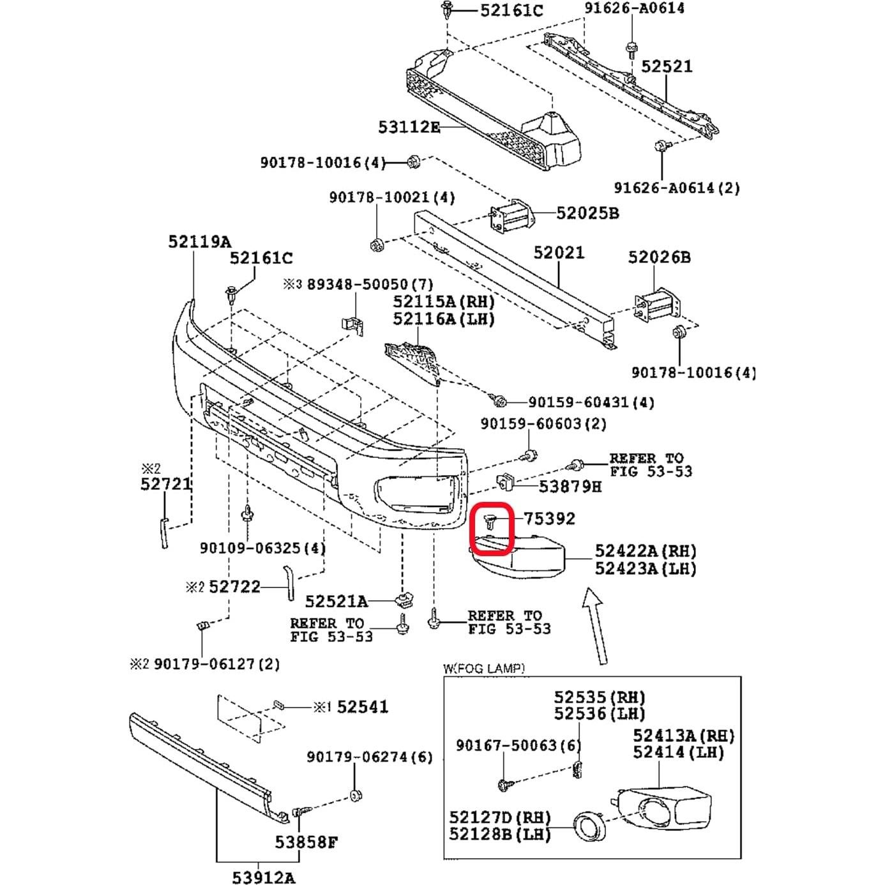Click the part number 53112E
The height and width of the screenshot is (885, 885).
pyautogui.click(x=409, y=127)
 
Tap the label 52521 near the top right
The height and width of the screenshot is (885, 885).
pyautogui.click(x=667, y=66)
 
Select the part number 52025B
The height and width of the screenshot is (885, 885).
pyautogui.click(x=587, y=213)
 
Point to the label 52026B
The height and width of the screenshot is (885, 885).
pyautogui.click(x=659, y=257)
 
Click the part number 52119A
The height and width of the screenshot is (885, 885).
pyautogui.click(x=200, y=241)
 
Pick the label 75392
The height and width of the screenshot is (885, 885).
pyautogui.click(x=549, y=518)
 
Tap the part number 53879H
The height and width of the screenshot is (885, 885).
pyautogui.click(x=570, y=487)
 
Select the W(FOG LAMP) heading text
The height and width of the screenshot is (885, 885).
pyautogui.click(x=483, y=668)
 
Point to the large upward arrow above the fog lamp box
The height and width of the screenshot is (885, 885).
pyautogui.click(x=598, y=626)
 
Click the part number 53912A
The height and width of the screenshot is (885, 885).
pyautogui.click(x=263, y=877)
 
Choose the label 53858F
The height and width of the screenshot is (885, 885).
pyautogui.click(x=306, y=842)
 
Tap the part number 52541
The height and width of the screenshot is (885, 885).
pyautogui.click(x=362, y=707)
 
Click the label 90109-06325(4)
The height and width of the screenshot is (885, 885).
pyautogui.click(x=262, y=548)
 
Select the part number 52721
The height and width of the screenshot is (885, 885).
pyautogui.click(x=166, y=485)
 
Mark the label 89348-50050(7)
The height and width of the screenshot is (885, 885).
pyautogui.click(x=370, y=284)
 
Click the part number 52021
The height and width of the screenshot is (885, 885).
pyautogui.click(x=559, y=252)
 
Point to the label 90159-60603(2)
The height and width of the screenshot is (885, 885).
pyautogui.click(x=543, y=423)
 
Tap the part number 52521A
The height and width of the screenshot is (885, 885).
pyautogui.click(x=336, y=601)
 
